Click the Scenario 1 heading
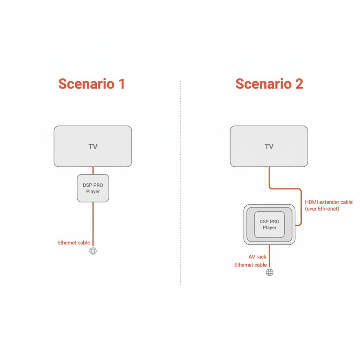pos(91,84)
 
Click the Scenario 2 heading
pos(269,84)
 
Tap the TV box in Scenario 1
pos(93,146)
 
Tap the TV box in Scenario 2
pos(269,146)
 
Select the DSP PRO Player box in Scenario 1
pos(93,188)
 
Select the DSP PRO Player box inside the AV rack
pos(269,225)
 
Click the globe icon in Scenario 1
pos(93,251)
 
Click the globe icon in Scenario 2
pos(270,272)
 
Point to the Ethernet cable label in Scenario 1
pos(74,243)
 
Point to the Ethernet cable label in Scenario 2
pos(250,265)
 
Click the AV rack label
pos(257,257)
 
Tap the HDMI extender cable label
pos(329,202)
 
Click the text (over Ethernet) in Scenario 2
pos(322,209)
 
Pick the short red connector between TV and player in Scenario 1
pos(93,171)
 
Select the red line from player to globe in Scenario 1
pos(93,224)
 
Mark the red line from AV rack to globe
pos(270,256)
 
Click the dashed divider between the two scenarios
pos(181,183)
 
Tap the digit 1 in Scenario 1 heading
pos(121,84)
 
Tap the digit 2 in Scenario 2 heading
pos(299,84)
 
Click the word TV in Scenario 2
pos(269,147)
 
